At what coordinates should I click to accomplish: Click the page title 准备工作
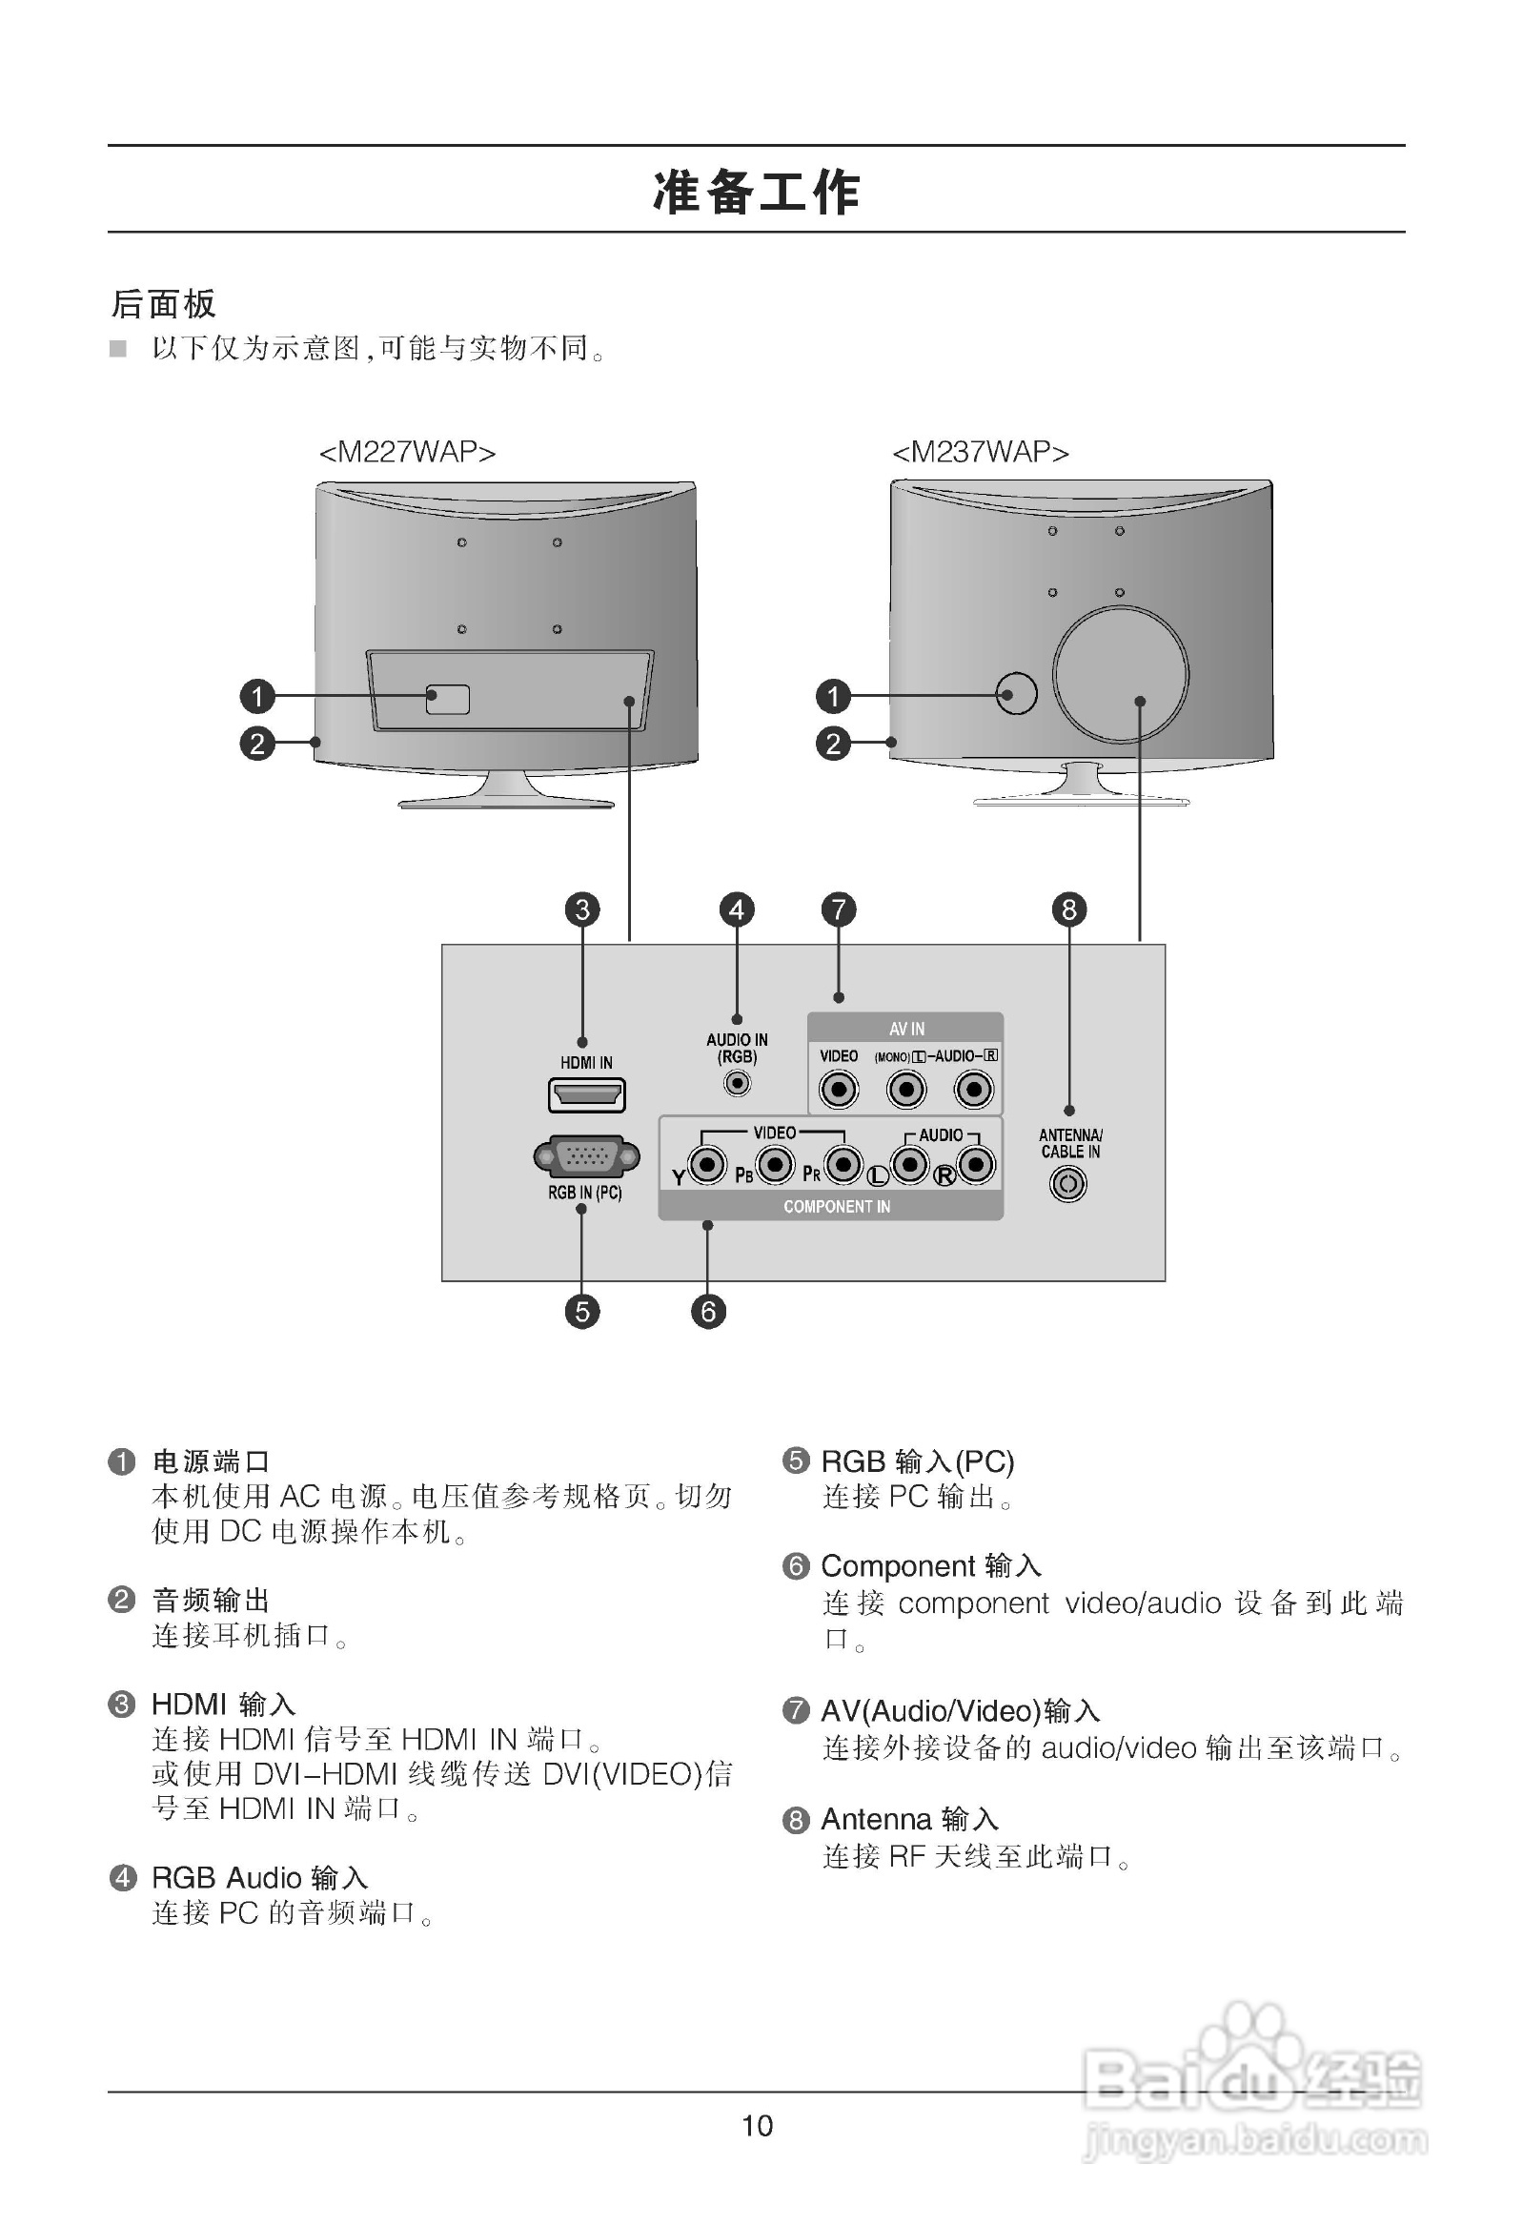pos(756,192)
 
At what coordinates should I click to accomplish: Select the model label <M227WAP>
pos(407,452)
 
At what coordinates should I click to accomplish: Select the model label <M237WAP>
pos(980,452)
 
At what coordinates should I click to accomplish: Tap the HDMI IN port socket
pos(586,1093)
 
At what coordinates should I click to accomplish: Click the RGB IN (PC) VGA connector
pos(586,1157)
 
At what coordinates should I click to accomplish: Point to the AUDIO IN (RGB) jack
pos(737,1083)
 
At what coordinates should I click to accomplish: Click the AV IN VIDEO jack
pos(839,1089)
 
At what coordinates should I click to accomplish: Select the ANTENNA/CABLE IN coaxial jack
pos(1068,1185)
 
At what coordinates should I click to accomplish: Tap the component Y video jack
pos(707,1165)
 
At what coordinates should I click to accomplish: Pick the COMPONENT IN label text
pos(836,1207)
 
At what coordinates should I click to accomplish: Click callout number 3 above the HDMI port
pos(582,909)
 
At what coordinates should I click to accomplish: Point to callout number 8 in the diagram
pos(1069,909)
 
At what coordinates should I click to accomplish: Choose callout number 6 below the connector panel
pos(708,1311)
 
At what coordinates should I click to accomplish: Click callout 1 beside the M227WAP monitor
pos(256,696)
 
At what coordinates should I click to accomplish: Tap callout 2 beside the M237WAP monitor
pos(832,744)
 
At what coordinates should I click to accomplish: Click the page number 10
pos(757,2126)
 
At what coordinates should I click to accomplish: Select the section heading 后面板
pos(164,304)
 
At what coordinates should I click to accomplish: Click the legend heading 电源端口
pos(211,1461)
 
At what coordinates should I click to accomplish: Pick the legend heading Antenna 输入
pos(909,1819)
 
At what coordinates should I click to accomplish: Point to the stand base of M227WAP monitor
pos(506,799)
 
